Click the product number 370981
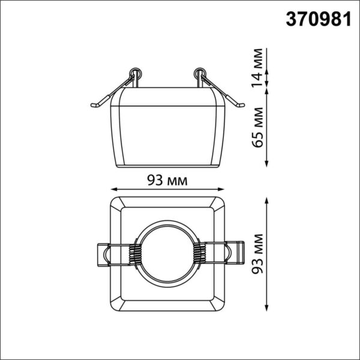point(319,19)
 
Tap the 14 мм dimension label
point(257,68)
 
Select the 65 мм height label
point(257,127)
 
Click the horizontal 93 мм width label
point(167,180)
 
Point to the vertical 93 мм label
point(257,254)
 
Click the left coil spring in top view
point(135,253)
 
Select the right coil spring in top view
point(199,253)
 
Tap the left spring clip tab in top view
point(103,254)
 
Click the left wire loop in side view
point(136,73)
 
